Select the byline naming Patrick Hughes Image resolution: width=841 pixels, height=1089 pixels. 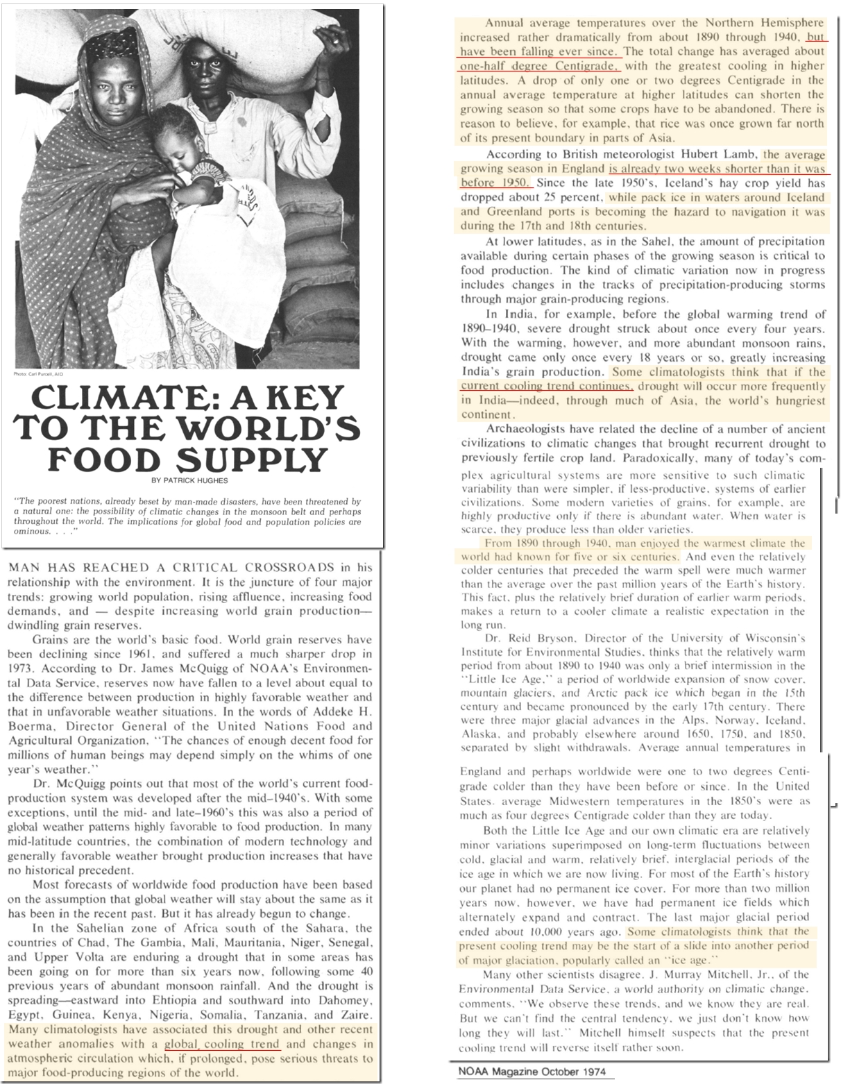point(189,480)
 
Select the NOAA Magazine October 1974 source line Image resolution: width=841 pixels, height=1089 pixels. point(532,1071)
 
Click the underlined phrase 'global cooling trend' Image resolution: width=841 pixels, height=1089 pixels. point(221,1044)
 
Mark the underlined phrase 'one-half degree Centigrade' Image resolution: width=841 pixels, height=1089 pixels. point(539,66)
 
